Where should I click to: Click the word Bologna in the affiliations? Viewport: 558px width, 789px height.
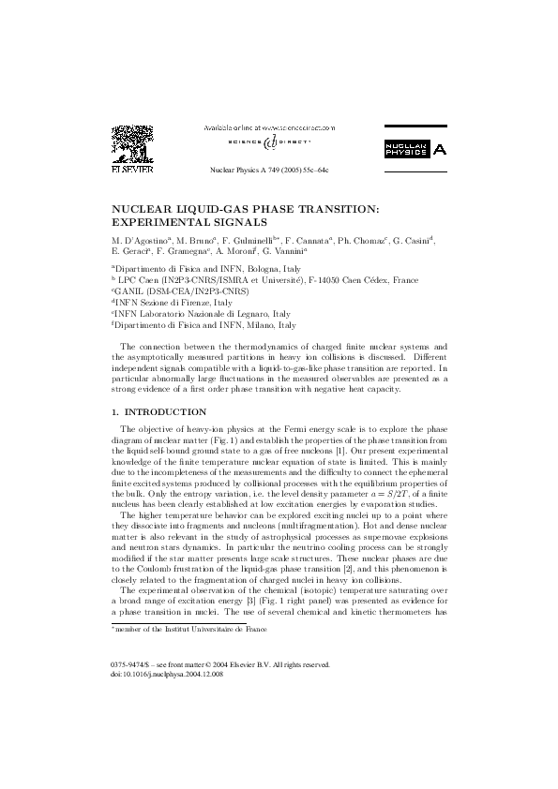tap(250, 269)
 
